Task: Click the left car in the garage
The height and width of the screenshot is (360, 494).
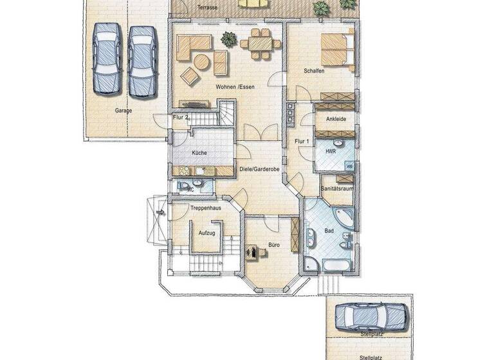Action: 105,58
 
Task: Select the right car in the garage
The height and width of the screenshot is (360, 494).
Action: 141,58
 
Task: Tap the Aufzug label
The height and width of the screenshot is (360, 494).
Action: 206,232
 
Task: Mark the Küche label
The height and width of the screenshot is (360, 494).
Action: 199,153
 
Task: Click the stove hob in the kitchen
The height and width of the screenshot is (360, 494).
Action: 183,170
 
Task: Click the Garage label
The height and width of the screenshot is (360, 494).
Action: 123,111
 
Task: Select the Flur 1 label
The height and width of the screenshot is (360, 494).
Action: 302,141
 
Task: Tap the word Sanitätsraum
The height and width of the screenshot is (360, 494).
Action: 336,188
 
